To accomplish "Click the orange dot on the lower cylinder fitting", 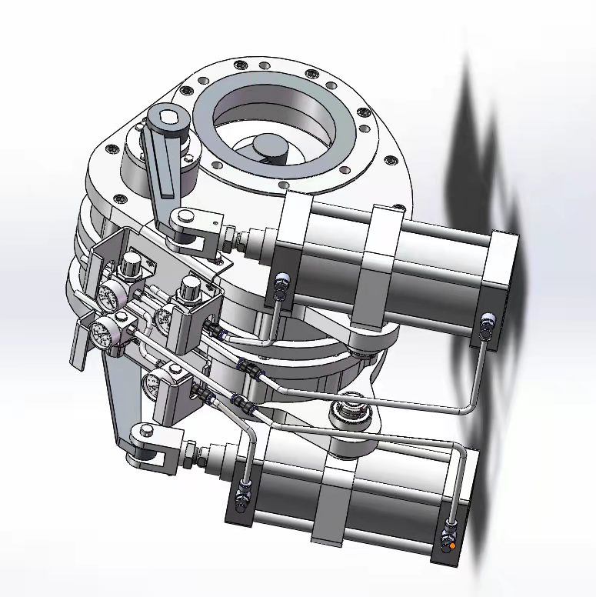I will click(x=452, y=545).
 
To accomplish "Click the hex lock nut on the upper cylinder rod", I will click(x=230, y=235).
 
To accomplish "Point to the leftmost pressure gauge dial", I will click(x=100, y=332).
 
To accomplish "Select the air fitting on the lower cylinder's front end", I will click(x=244, y=493).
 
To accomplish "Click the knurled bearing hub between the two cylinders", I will click(x=353, y=415).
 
